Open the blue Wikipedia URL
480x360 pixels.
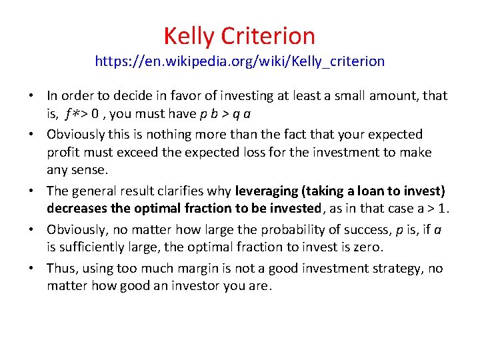[239, 61]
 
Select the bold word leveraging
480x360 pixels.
[267, 191]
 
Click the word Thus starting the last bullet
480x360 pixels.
[61, 269]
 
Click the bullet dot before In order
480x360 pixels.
[33, 97]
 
